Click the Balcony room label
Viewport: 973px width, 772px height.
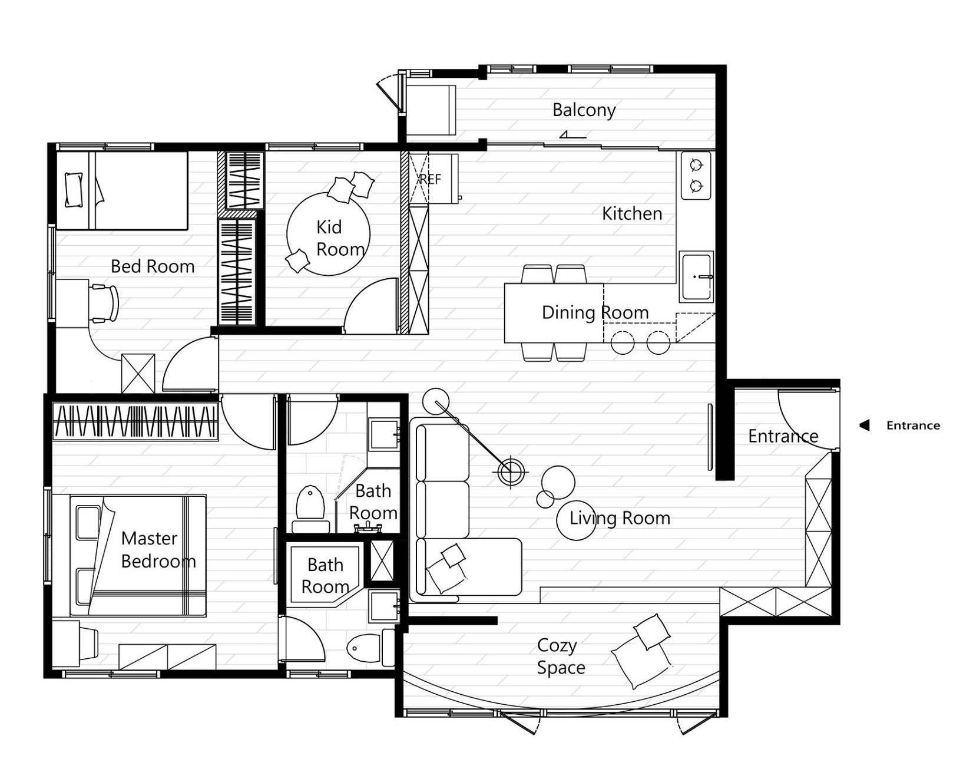point(584,110)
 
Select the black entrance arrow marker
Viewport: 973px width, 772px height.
point(864,425)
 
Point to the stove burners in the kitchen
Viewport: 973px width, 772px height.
point(696,175)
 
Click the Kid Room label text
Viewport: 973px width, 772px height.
point(339,238)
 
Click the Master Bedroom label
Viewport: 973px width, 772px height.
point(157,549)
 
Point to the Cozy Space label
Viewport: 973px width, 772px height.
point(560,656)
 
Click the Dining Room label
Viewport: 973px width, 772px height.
point(595,312)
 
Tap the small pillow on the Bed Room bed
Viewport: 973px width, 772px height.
point(74,190)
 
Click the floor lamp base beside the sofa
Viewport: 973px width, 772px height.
point(511,470)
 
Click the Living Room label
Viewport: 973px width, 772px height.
point(619,518)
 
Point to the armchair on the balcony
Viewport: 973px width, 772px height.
point(431,110)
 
